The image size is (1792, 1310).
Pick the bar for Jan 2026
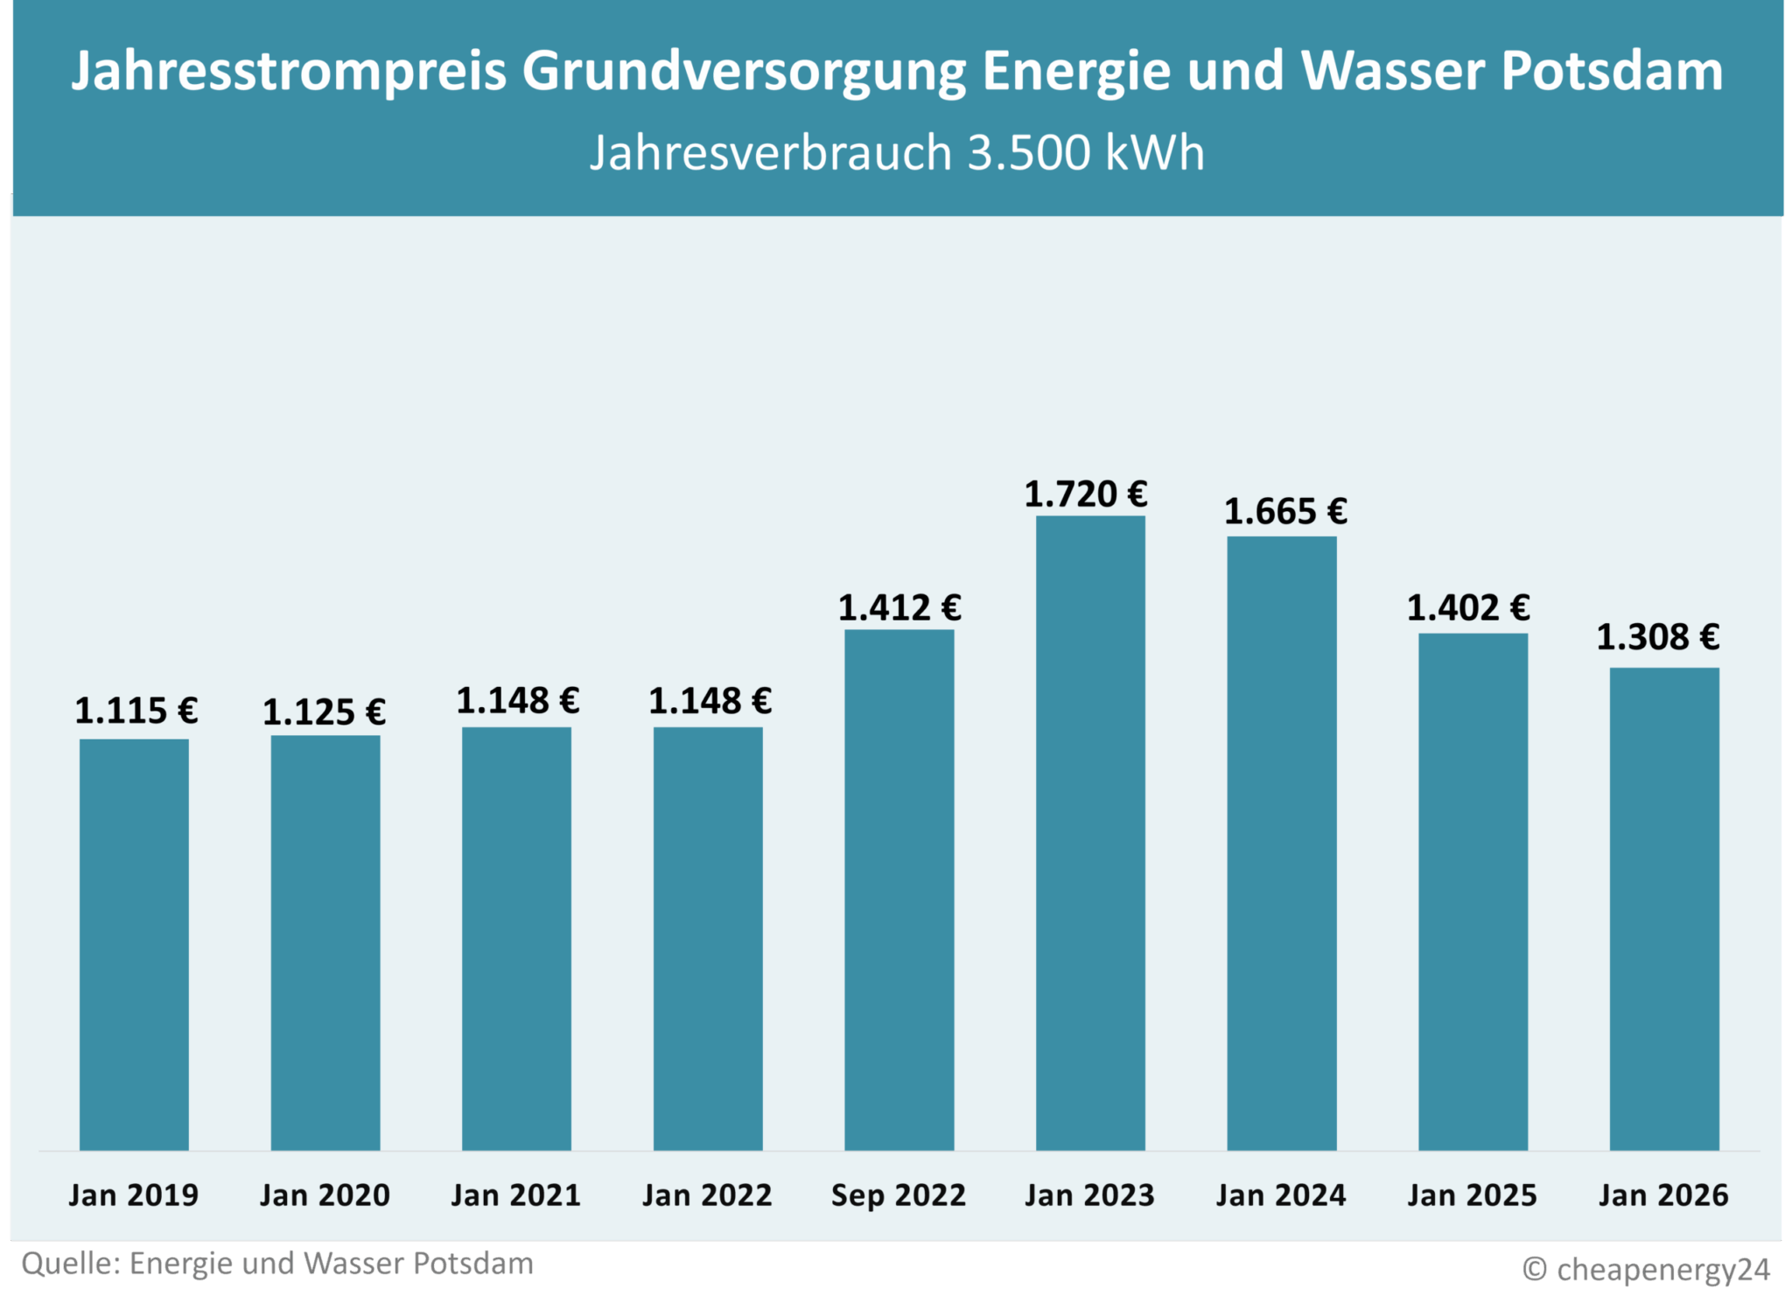1664,907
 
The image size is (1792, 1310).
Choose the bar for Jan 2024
1281,842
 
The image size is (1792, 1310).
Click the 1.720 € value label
1085,494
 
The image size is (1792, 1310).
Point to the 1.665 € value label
1284,512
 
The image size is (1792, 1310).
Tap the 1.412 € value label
899,608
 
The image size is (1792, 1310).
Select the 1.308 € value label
1657,637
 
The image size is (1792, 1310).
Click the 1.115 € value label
136,711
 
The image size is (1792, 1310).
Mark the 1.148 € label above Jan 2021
517,701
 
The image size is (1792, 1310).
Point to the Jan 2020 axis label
325,1195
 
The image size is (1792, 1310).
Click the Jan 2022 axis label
707,1195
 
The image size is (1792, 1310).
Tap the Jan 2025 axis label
1472,1195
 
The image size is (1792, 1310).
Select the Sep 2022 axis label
899,1195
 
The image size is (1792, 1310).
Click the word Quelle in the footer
70,1264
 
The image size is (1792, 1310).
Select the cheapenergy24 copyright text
1662,1269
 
